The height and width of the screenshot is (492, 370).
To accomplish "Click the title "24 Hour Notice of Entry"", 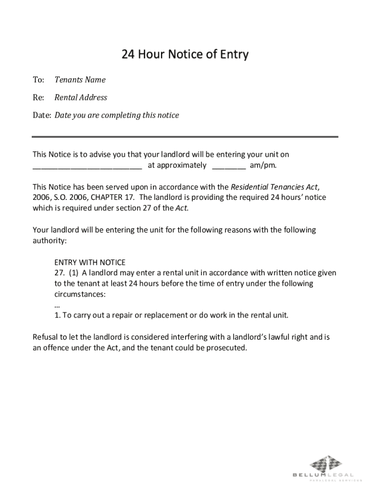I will tap(185, 54).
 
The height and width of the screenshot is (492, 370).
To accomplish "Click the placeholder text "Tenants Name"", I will tap(80, 80).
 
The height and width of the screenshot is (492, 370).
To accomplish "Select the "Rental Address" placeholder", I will tap(81, 98).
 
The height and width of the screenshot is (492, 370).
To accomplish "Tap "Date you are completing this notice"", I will tap(117, 115).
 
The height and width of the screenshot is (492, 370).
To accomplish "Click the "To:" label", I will tap(38, 80).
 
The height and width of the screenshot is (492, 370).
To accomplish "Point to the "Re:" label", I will tap(38, 98).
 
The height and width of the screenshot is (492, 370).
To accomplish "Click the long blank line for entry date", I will tap(87, 167).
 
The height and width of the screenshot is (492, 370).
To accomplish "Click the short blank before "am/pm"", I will tap(229, 167).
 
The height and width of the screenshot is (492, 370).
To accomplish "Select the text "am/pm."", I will tap(263, 166).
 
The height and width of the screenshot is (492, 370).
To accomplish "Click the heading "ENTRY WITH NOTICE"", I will tap(90, 262).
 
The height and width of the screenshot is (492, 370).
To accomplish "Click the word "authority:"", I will tap(49, 240).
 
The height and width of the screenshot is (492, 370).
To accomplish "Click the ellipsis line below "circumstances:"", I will tap(57, 305).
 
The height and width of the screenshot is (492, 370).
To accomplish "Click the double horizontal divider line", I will tap(185, 136).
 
